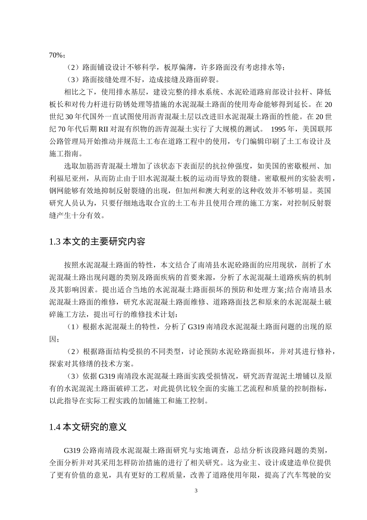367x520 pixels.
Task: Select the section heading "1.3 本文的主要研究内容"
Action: point(97,242)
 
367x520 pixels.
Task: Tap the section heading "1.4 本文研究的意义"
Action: point(88,427)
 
